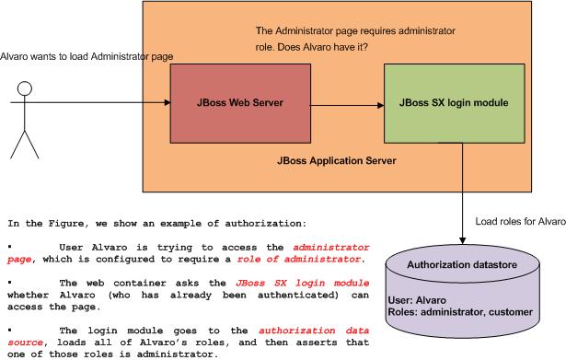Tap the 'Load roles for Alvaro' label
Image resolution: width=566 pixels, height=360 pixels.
(519, 222)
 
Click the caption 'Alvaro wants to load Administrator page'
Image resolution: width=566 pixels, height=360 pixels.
(87, 57)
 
